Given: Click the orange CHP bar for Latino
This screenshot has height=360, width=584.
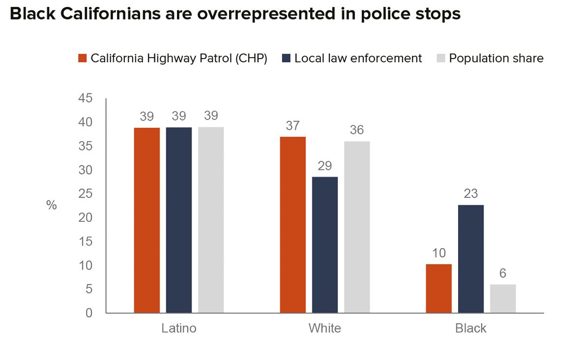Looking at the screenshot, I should [146, 220].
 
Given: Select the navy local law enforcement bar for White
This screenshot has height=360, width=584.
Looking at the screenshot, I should [324, 244].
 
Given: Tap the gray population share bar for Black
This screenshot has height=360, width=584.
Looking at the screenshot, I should [502, 299].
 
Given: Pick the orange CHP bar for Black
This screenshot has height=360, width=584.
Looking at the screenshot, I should [438, 288].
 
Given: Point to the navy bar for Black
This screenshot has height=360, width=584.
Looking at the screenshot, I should [470, 259].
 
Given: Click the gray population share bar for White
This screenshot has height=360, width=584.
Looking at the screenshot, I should [357, 227].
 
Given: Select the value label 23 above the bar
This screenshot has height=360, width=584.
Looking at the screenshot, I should [470, 194].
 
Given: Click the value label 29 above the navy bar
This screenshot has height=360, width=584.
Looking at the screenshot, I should [324, 166].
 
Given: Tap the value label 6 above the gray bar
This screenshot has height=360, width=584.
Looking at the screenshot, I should [502, 273].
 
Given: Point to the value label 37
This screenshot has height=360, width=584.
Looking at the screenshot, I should [293, 126].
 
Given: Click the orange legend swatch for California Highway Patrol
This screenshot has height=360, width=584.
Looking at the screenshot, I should [83, 59].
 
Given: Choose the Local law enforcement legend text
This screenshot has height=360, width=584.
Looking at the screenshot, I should [358, 58].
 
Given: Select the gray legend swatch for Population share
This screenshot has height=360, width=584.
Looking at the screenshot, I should [440, 59].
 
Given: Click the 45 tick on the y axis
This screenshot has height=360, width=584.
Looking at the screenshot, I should [86, 98].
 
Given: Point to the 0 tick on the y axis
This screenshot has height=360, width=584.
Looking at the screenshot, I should [89, 313].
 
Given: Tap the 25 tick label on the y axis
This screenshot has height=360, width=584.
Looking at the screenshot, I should [86, 194].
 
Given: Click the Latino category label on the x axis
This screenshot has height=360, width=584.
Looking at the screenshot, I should [179, 328].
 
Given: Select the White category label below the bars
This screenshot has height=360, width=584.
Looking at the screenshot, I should [324, 328].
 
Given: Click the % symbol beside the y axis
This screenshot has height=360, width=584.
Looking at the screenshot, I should [52, 206].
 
